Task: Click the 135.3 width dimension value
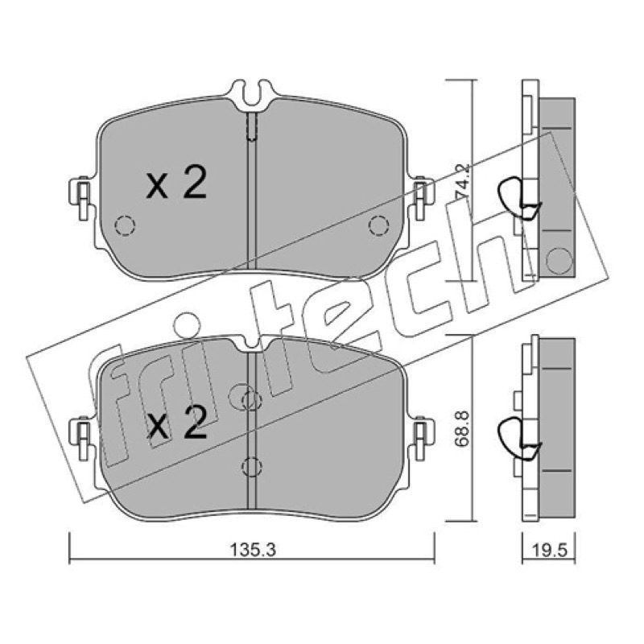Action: coord(253,549)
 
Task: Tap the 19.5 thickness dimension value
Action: coord(549,549)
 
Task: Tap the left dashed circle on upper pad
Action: coord(125,225)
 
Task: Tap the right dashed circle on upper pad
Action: coord(378,225)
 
